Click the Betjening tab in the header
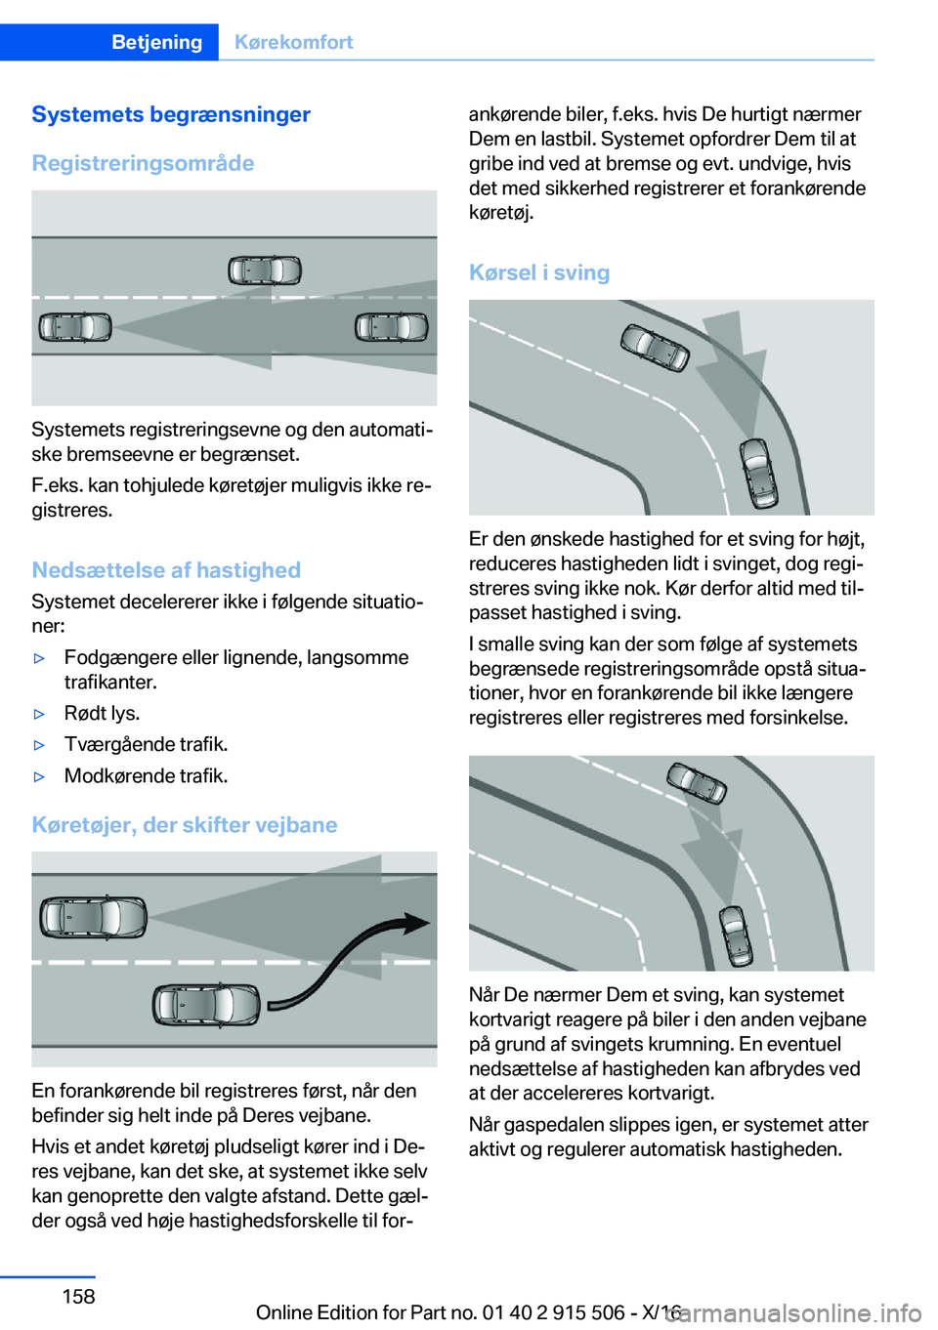point(156,42)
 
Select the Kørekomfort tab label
point(293,42)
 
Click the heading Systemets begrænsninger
point(171,114)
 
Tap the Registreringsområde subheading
point(143,163)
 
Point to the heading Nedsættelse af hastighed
point(166,570)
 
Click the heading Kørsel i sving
point(539,272)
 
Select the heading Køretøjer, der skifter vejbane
point(185,825)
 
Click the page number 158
point(78,1296)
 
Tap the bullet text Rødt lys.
point(103,714)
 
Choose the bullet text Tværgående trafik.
point(147,745)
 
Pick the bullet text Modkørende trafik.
point(147,776)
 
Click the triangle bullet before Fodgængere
point(40,659)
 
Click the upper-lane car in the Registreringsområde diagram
point(265,270)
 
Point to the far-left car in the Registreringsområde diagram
point(75,327)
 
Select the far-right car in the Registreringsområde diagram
point(392,327)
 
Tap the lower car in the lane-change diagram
point(206,1005)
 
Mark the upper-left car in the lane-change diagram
point(93,918)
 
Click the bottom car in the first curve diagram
point(759,473)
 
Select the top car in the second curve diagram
point(697,782)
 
